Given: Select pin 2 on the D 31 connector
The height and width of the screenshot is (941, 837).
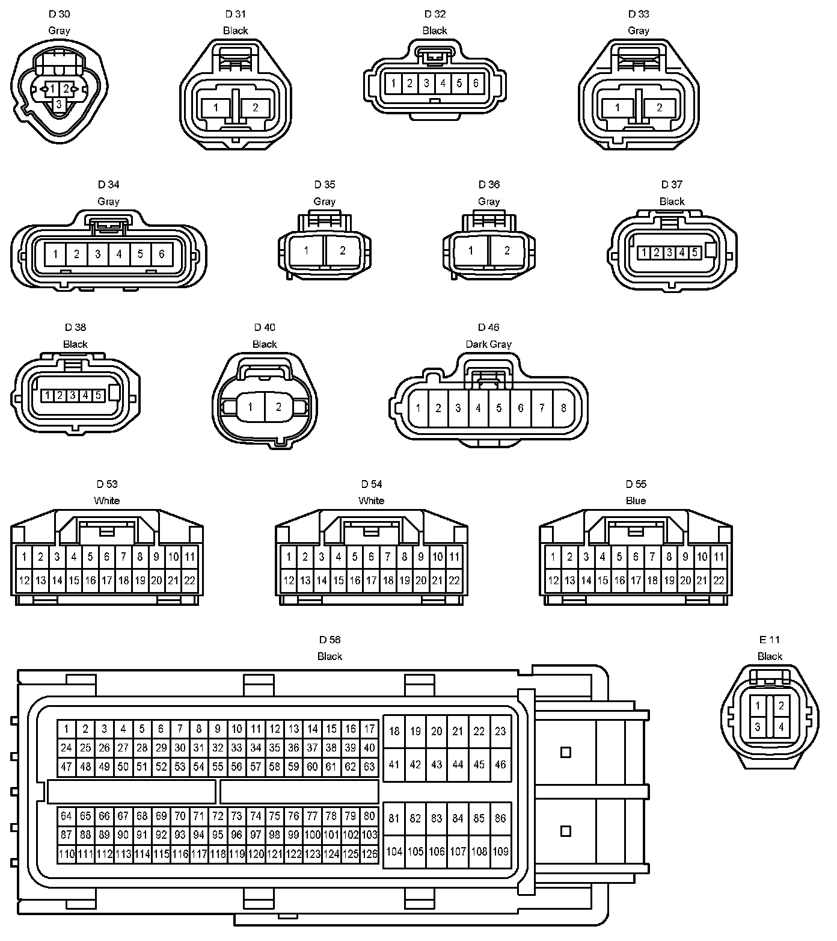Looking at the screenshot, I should tap(256, 108).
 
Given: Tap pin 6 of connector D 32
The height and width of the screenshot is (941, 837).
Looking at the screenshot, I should tap(476, 83).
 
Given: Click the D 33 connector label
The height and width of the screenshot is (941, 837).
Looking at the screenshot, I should tap(639, 14).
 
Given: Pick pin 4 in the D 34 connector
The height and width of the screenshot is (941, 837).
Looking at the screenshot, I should tap(119, 255).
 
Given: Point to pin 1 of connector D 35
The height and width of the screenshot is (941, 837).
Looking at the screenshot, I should tap(307, 250).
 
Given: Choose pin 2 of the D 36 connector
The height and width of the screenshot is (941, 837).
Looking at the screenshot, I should tap(507, 250).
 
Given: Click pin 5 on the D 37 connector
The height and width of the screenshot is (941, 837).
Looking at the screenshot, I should tap(694, 253).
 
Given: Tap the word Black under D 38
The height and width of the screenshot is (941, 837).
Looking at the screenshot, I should tap(75, 344).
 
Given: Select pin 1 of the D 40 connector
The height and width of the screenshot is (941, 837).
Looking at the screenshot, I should tap(250, 407).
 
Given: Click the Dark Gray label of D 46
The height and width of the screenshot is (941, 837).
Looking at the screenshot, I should tap(488, 344).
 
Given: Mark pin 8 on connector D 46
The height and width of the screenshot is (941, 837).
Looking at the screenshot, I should tap(563, 408).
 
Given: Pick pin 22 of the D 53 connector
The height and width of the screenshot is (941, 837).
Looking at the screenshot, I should tap(189, 581).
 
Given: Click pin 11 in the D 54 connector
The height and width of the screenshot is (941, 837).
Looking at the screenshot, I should tap(454, 557).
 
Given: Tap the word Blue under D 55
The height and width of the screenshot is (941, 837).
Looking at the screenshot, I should tap(636, 501).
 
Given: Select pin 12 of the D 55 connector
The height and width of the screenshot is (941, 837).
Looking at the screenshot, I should tap(553, 581).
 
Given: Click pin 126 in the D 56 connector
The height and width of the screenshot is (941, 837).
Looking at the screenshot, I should tap(369, 853).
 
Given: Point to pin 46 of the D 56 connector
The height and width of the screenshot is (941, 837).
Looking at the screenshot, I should tap(500, 765).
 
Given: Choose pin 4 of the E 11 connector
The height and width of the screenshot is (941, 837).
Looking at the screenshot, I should tap(781, 727).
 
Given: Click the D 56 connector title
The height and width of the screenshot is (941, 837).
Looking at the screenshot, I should tap(330, 640).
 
